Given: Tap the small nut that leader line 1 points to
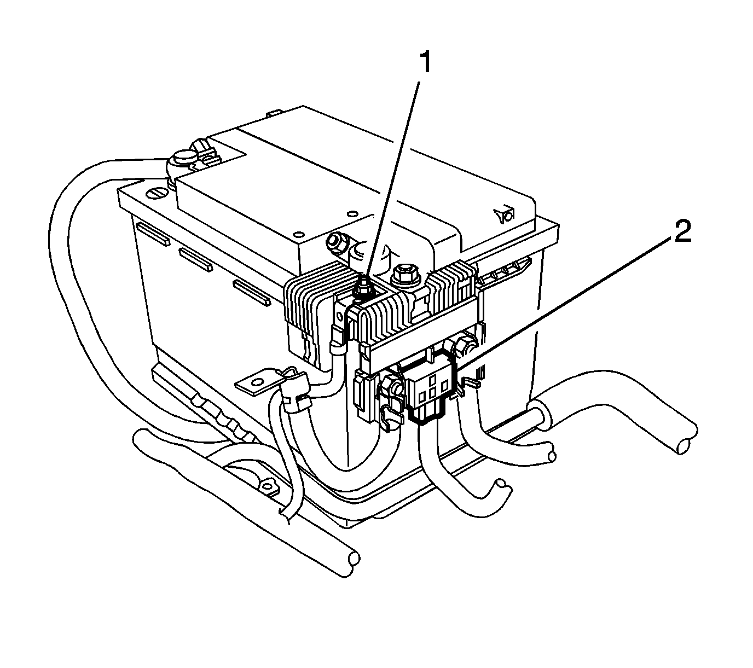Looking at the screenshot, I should point(362,288).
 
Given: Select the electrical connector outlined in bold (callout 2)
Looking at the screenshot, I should point(430,388).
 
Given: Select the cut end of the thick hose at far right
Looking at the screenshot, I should point(685,444).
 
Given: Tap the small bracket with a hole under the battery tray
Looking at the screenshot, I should point(266,484).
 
